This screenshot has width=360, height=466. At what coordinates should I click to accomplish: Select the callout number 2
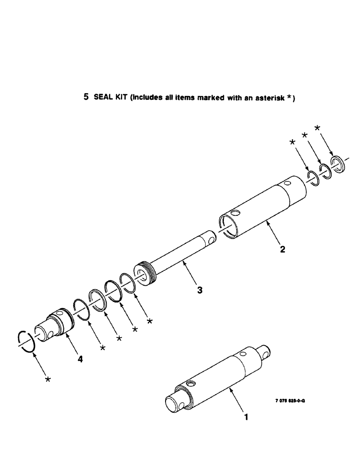[283, 249]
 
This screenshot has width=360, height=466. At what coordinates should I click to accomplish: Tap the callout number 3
[200, 290]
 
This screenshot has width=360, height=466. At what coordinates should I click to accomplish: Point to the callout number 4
[81, 359]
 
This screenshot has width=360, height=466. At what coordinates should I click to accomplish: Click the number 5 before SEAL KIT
[85, 97]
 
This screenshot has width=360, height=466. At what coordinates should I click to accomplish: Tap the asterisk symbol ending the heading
[290, 96]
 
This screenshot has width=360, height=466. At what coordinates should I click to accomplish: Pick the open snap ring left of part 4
[26, 343]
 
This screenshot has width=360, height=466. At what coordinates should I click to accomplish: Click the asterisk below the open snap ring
[48, 380]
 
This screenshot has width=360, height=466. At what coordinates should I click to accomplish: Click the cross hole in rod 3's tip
[212, 240]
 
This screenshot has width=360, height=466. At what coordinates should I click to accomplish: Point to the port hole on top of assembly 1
[191, 383]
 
